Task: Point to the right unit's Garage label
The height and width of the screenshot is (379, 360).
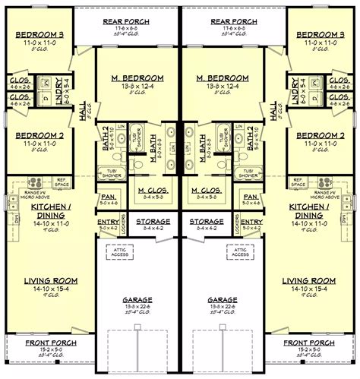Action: (x=221, y=301)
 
